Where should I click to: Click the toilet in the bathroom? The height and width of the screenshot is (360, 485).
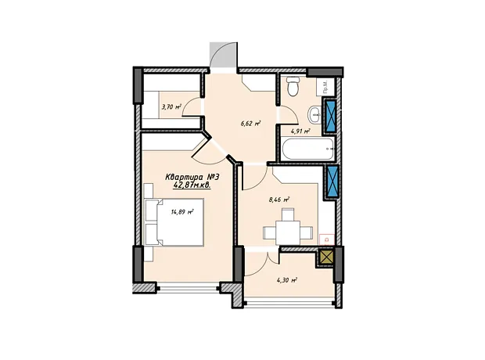(x=293, y=86)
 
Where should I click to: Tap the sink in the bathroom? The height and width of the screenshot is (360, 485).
(x=314, y=115)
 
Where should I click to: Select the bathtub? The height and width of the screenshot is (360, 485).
(x=307, y=149)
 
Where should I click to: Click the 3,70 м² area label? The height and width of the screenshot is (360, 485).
(x=171, y=107)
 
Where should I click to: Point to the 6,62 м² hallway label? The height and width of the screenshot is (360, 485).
(x=250, y=124)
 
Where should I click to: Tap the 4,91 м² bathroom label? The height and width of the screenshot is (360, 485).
(x=300, y=131)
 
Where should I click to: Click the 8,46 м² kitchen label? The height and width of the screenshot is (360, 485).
(x=279, y=200)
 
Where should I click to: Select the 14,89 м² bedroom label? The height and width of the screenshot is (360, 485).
(x=182, y=212)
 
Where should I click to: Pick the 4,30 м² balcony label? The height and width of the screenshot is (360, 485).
(x=287, y=280)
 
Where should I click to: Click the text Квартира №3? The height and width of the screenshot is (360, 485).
(x=192, y=178)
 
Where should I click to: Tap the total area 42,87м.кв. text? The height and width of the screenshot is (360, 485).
(x=192, y=185)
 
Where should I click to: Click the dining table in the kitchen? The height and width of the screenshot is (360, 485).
(x=288, y=232)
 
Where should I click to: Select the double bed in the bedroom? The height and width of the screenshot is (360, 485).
(x=174, y=222)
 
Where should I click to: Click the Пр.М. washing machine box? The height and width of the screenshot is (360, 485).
(x=325, y=86)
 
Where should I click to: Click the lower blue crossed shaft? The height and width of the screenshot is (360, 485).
(x=332, y=182)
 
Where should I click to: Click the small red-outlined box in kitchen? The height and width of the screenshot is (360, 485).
(x=327, y=239)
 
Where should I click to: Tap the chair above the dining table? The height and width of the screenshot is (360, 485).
(x=288, y=214)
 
